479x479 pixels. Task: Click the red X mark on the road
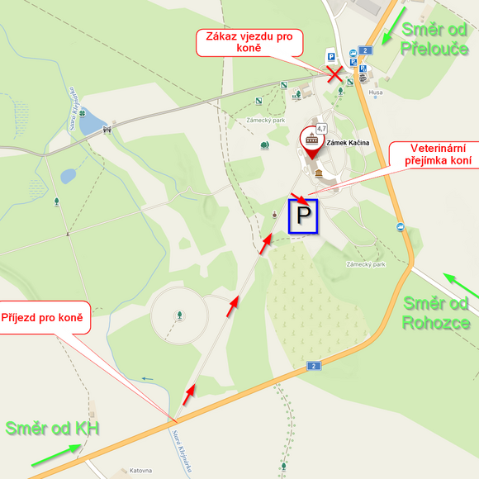334,74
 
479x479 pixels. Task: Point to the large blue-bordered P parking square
303,216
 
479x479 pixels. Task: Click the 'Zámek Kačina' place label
348,143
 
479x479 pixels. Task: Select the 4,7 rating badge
321,128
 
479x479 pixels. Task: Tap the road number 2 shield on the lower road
313,366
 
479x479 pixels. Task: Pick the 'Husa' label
376,92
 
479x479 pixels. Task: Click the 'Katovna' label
140,471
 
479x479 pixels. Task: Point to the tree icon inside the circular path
179,315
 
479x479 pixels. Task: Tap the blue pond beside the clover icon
92,123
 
